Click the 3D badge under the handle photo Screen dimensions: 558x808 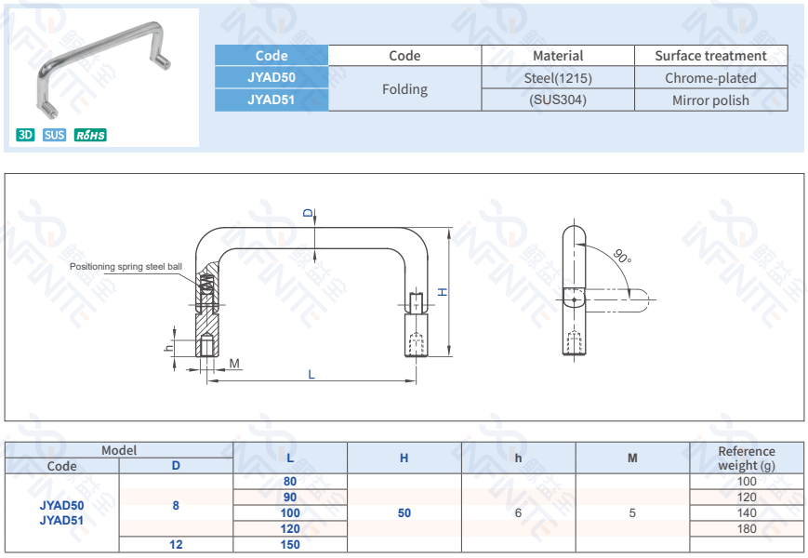25,135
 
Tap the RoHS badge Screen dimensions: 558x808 90,135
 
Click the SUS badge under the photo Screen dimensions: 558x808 55,135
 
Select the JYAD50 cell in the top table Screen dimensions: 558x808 272,78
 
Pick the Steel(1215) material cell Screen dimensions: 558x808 558,78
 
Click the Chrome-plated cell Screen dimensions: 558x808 710,78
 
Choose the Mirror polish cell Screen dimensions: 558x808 710,100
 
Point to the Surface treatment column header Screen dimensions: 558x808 710,56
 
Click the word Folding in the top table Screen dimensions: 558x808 404,89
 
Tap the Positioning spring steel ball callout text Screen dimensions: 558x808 126,267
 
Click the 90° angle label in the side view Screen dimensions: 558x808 622,255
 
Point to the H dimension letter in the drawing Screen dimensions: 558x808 444,292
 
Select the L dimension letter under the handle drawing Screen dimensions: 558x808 311,374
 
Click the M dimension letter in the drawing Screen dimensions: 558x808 234,363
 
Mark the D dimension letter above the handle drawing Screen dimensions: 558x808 309,214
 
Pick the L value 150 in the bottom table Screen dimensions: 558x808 290,545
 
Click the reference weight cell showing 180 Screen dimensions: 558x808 747,529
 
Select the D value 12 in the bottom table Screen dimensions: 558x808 176,545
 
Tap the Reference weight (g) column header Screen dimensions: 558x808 747,458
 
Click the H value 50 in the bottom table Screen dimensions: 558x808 404,513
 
